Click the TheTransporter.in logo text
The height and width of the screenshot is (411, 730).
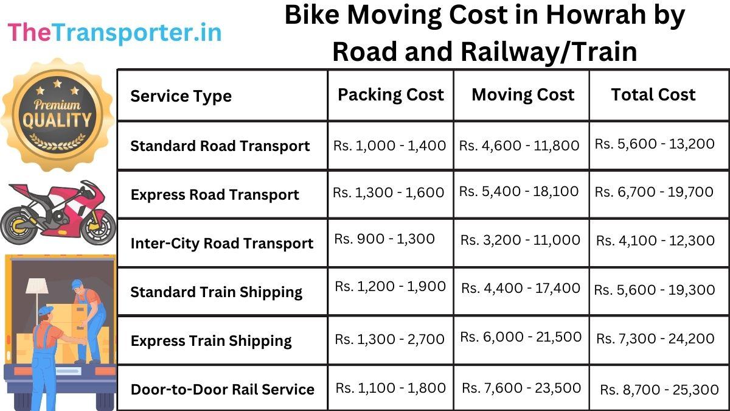point(114,32)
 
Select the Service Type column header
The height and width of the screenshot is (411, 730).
point(181,96)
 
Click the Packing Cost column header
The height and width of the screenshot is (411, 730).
point(391,94)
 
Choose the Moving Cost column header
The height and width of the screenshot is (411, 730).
point(523,94)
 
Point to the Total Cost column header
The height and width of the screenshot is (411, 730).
point(653,94)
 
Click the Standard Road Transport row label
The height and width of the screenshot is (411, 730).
point(220,146)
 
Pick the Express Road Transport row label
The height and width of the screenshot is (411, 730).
point(215,195)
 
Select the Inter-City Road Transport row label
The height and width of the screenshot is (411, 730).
point(221,244)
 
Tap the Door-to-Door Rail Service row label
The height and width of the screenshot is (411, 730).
point(222,389)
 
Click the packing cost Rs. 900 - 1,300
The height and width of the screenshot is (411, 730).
point(384,239)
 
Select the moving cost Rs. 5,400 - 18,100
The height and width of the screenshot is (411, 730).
point(519,191)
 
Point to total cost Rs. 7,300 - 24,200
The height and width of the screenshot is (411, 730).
point(655,339)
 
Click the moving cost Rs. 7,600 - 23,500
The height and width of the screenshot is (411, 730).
point(521,388)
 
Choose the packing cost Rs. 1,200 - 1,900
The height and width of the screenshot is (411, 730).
point(390,286)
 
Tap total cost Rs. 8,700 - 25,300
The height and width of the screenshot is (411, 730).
point(659,390)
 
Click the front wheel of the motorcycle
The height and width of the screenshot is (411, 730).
point(97,226)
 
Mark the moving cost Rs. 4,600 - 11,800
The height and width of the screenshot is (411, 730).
point(519,146)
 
